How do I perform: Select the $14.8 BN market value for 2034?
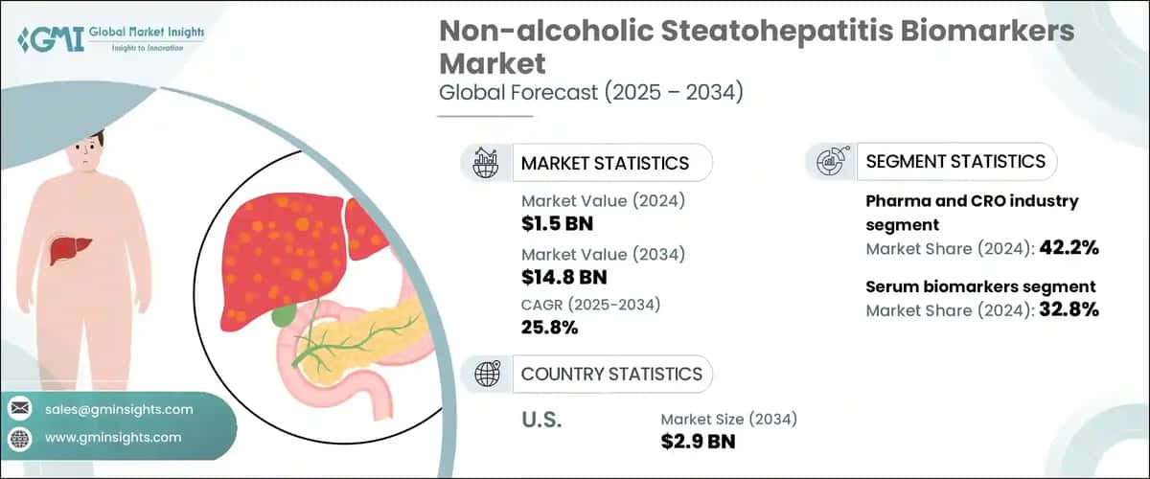coord(563,277)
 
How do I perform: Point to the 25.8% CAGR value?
coord(550,328)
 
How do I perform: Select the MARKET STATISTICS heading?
coord(605,163)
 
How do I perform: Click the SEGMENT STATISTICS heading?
coord(955,161)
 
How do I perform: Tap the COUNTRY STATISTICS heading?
coord(611,374)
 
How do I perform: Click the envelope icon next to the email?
coord(19,409)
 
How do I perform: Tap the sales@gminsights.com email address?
coord(119,409)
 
